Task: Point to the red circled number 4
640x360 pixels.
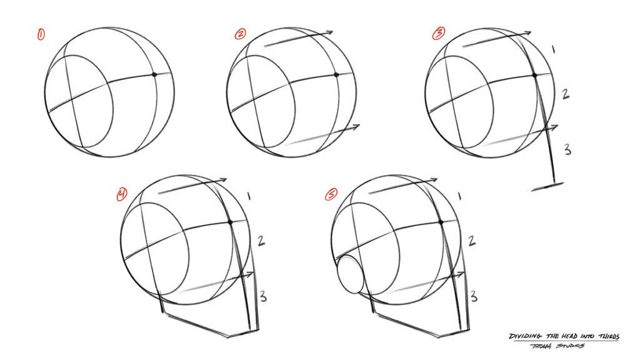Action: point(121,195)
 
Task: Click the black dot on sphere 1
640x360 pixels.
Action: point(154,75)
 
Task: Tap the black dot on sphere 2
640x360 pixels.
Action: point(336,75)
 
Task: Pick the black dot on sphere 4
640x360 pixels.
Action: point(231,222)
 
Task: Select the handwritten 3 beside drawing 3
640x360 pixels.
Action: point(567,149)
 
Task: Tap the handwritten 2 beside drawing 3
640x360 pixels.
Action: point(564,94)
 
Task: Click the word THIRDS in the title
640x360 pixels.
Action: point(606,336)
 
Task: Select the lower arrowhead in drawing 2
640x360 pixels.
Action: point(357,127)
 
